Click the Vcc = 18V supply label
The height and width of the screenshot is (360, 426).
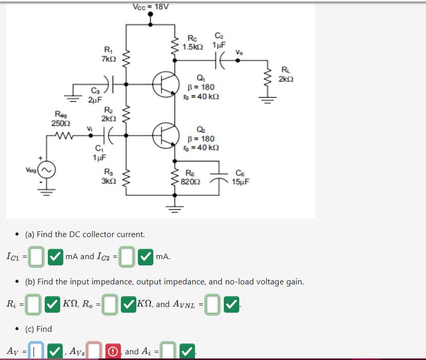pyautogui.click(x=150, y=7)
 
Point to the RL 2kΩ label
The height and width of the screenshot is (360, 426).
pyautogui.click(x=287, y=74)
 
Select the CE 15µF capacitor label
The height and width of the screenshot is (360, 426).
pyautogui.click(x=240, y=177)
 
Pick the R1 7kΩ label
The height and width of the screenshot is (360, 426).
pyautogui.click(x=109, y=55)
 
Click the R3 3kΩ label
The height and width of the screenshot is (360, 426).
pyautogui.click(x=109, y=176)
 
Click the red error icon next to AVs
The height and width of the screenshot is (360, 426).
pyautogui.click(x=112, y=352)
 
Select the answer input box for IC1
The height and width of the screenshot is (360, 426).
pyautogui.click(x=35, y=257)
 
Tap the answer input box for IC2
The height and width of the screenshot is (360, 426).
pyautogui.click(x=128, y=257)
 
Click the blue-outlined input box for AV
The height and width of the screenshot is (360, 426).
pyautogui.click(x=35, y=352)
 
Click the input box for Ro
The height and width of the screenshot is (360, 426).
pyautogui.click(x=109, y=304)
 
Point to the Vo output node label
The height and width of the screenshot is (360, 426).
pyautogui.click(x=239, y=52)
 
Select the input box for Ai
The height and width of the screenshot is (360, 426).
pyautogui.click(x=168, y=352)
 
